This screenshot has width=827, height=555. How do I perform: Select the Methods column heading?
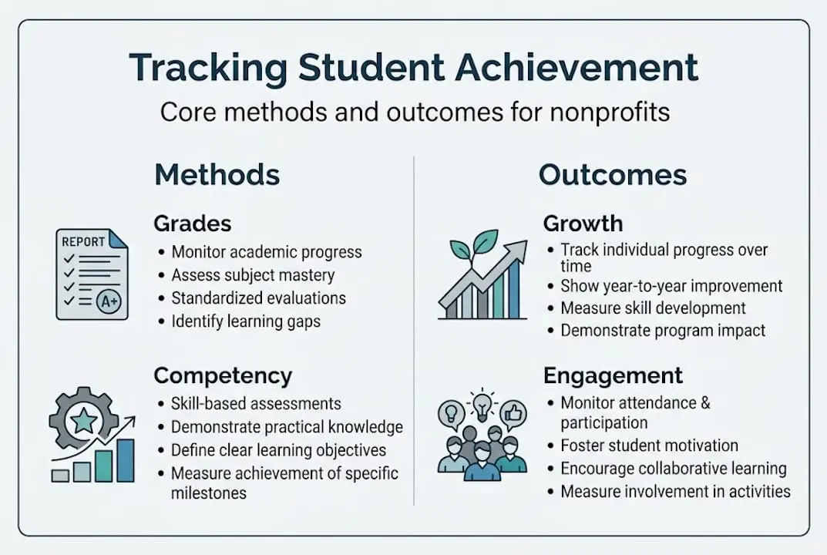tap(217, 175)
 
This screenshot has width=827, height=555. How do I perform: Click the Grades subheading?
tap(192, 224)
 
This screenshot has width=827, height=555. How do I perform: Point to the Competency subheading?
tap(223, 375)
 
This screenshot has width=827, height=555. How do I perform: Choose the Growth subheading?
tap(582, 224)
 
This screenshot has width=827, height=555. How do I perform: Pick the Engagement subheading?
tap(613, 375)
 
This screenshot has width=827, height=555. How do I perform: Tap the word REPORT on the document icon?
tap(82, 242)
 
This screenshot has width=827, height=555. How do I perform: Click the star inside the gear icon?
tap(84, 421)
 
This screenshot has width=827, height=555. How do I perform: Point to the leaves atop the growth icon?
tap(472, 246)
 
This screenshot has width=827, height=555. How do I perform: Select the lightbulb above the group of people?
tap(481, 404)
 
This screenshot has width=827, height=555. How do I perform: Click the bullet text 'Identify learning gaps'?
tap(245, 321)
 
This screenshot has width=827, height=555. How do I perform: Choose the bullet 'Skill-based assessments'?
tap(255, 403)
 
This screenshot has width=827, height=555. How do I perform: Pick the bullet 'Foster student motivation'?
tap(649, 446)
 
